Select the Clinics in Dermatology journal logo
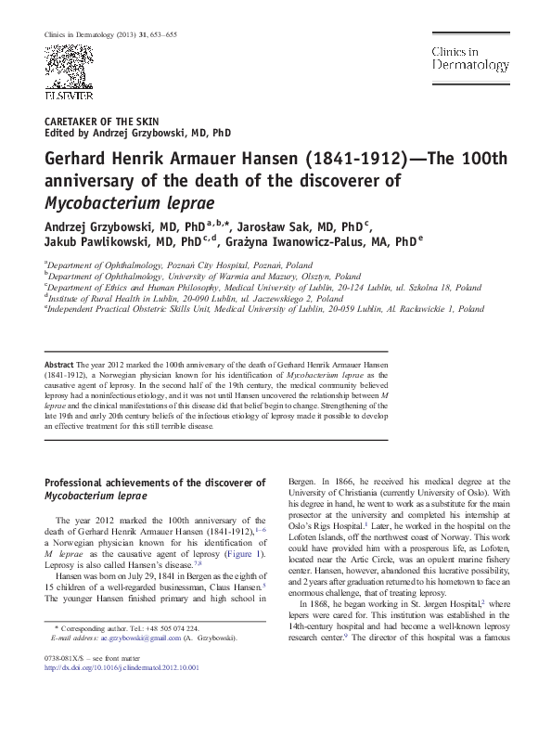(469, 58)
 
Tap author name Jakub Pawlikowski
(100, 242)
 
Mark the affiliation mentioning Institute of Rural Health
(186, 299)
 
